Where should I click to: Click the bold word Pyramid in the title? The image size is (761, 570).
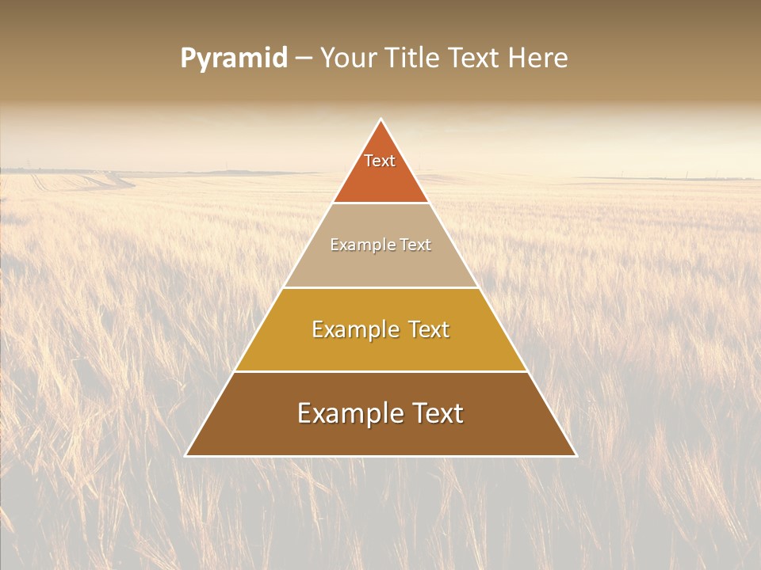tap(234, 59)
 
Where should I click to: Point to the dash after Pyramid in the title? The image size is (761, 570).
tap(304, 59)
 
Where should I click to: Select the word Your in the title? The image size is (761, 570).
tap(347, 59)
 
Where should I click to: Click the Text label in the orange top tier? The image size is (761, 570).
tap(380, 161)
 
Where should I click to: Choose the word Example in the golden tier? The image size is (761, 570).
tap(352, 329)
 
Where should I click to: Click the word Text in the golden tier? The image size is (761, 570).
tap(425, 329)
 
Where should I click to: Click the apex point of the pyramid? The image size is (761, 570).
tap(381, 120)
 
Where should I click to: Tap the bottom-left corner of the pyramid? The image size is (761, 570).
tap(186, 455)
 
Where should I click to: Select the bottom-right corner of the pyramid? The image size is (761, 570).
tap(576, 455)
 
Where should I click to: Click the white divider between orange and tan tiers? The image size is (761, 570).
tap(381, 203)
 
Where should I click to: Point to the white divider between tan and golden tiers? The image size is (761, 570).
tap(381, 287)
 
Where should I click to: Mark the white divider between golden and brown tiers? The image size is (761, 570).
tap(381, 371)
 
